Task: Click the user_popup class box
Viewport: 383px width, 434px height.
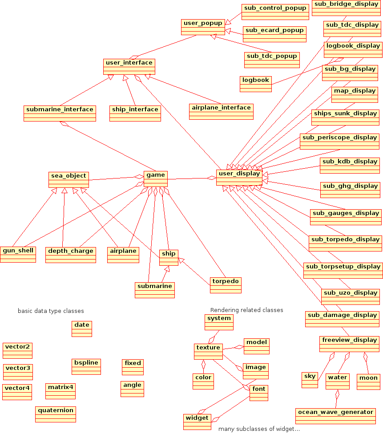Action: pyautogui.click(x=203, y=27)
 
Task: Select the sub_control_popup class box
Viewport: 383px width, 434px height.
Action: pyautogui.click(x=275, y=12)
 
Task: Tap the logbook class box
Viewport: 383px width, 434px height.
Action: pyautogui.click(x=255, y=84)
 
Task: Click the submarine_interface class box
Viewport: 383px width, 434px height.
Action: pyautogui.click(x=60, y=113)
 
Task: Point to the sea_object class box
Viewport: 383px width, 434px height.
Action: pyautogui.click(x=69, y=179)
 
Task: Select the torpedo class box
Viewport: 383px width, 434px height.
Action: pyautogui.click(x=226, y=285)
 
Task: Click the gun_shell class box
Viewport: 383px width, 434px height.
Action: pyautogui.click(x=18, y=255)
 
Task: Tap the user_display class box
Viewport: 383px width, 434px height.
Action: pyautogui.click(x=239, y=178)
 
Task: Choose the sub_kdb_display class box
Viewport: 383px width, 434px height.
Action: pyautogui.click(x=350, y=165)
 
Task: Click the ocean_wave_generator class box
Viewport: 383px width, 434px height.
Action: pyautogui.click(x=335, y=416)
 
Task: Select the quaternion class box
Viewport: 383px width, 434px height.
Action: pyautogui.click(x=56, y=414)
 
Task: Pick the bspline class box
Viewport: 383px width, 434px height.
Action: pyautogui.click(x=86, y=366)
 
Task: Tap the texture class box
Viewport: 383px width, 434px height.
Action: pyautogui.click(x=208, y=351)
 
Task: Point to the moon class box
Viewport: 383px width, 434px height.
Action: pyautogui.click(x=368, y=381)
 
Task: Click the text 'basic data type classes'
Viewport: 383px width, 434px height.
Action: pyautogui.click(x=51, y=311)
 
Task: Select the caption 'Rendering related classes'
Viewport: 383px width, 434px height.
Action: pyautogui.click(x=246, y=310)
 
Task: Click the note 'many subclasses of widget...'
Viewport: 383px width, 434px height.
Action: pyautogui.click(x=259, y=429)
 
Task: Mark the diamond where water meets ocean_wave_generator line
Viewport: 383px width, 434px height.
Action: pyautogui.click(x=337, y=394)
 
